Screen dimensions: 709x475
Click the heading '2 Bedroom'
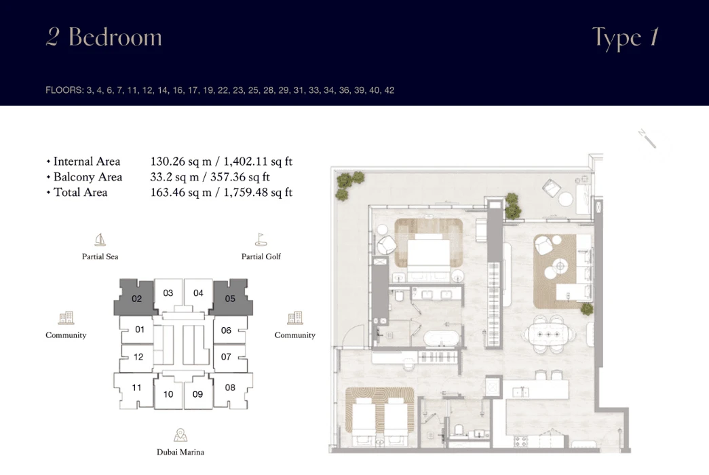click(104, 37)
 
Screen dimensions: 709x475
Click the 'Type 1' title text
click(626, 39)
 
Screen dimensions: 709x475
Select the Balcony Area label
click(88, 177)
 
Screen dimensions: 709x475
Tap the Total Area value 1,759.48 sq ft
click(258, 192)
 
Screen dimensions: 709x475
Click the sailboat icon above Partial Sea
click(100, 240)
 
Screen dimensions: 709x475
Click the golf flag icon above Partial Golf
click(261, 240)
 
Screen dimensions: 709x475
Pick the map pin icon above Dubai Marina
click(180, 435)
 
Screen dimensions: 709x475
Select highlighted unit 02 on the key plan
click(136, 298)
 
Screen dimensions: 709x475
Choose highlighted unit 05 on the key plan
click(230, 298)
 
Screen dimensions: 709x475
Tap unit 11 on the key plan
click(136, 389)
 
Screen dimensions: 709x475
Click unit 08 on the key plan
click(231, 389)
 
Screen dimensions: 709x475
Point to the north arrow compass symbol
click(647, 139)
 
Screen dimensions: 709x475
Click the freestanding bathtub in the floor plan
click(442, 339)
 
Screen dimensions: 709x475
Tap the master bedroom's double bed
click(429, 252)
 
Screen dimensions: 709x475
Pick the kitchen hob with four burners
click(520, 441)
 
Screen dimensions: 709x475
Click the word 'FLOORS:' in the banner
click(64, 90)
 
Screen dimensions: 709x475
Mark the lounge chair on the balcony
click(551, 188)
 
